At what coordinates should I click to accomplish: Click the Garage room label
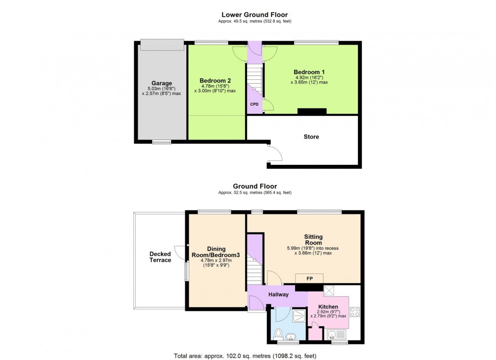coord(162,83)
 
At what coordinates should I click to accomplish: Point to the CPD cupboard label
coord(254,104)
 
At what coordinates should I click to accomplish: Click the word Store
coord(311,137)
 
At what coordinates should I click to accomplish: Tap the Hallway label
coord(278,295)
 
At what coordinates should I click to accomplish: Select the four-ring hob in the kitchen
coord(354,310)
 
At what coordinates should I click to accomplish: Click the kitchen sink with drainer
coord(337,334)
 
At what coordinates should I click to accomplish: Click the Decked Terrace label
coord(160,257)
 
